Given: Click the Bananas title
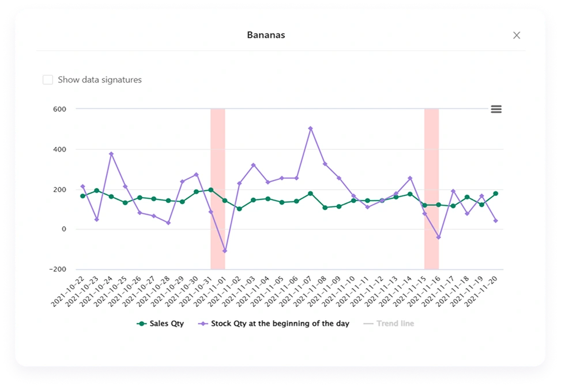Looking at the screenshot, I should (266, 35).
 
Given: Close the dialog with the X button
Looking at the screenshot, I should (517, 35).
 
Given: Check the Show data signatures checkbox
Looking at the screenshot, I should (48, 80).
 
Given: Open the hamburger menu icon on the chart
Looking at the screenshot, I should (496, 109).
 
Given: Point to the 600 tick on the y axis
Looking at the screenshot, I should (59, 109).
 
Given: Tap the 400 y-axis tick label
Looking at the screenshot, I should (59, 149).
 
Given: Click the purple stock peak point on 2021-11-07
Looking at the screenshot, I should (310, 129).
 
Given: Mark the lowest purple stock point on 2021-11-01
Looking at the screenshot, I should (225, 251).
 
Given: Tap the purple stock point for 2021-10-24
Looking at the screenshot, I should (111, 154).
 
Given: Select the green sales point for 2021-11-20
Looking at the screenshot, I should (496, 194).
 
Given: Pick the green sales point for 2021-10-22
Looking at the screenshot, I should (82, 196).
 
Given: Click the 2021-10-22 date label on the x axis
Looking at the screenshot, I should (68, 291).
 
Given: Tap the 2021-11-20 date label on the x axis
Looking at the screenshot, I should (481, 291).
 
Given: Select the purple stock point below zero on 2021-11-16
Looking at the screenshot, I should (439, 237).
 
